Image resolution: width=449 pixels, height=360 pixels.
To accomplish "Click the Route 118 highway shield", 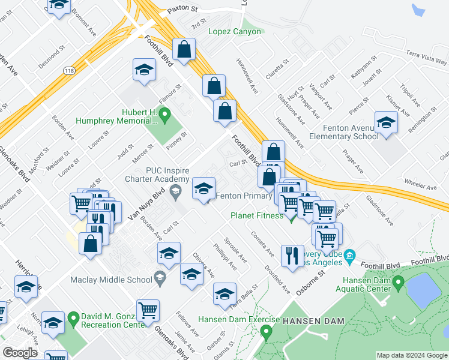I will [x=68, y=71].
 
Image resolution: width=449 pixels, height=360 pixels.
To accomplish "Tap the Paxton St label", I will [x=182, y=10].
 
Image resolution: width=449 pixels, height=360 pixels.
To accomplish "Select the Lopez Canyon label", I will [x=235, y=32].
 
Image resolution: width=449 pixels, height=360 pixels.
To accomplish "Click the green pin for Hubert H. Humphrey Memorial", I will [x=166, y=112].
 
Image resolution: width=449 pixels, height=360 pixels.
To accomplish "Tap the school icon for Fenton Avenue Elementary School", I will [x=386, y=122].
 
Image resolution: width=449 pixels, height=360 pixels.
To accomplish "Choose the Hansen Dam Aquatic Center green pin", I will [x=397, y=281].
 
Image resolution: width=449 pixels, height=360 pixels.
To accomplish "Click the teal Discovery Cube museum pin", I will [x=351, y=255].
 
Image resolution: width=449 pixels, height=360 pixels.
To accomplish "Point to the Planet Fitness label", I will [x=257, y=215].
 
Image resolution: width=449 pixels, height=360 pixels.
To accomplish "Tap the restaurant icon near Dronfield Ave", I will [x=291, y=255].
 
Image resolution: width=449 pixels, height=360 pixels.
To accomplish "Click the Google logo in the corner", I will [x=20, y=352].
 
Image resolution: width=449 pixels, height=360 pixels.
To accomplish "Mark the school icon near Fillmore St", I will [x=144, y=71].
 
